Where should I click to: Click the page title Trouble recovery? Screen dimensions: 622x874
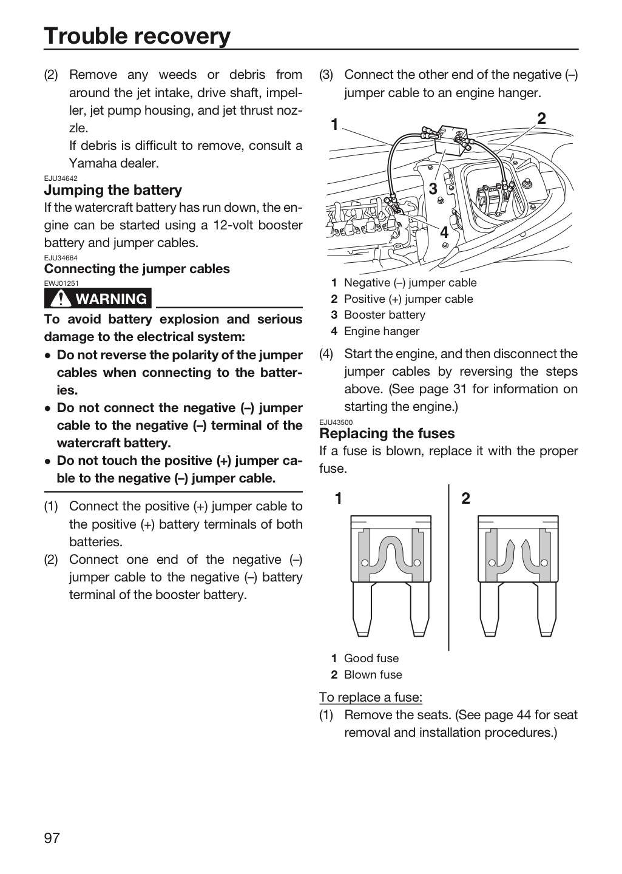pyautogui.click(x=137, y=36)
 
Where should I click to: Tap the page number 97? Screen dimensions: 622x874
pyautogui.click(x=52, y=838)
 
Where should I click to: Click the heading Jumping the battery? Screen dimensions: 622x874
pyautogui.click(x=113, y=190)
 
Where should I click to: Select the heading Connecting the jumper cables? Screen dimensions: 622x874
pyautogui.click(x=137, y=268)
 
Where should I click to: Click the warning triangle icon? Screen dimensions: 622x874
pyautogui.click(x=61, y=299)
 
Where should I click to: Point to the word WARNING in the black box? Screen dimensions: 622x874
pyautogui.click(x=112, y=299)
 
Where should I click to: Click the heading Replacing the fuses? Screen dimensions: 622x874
pyautogui.click(x=387, y=433)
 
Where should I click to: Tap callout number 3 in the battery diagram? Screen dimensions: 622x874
pyautogui.click(x=433, y=189)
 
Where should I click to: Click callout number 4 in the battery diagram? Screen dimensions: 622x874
pyautogui.click(x=444, y=232)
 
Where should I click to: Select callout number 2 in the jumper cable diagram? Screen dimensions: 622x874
pyautogui.click(x=541, y=118)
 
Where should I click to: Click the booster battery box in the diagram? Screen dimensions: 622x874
pyautogui.click(x=450, y=140)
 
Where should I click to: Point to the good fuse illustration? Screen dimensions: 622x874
pyautogui.click(x=391, y=576)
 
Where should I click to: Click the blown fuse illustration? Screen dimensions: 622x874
pyautogui.click(x=518, y=576)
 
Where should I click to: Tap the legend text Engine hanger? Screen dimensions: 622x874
pyautogui.click(x=382, y=331)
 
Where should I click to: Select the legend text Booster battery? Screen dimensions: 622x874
pyautogui.click(x=384, y=315)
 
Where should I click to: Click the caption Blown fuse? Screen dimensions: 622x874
pyautogui.click(x=373, y=675)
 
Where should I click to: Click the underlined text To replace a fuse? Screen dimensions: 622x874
pyautogui.click(x=371, y=697)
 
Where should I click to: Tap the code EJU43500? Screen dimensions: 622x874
pyautogui.click(x=336, y=422)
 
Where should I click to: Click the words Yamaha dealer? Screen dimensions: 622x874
pyautogui.click(x=114, y=163)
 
